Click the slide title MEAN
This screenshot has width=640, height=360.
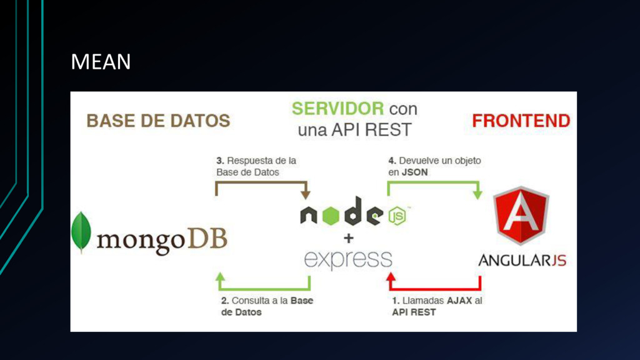coord(101,62)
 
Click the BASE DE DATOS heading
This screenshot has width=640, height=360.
coord(158,121)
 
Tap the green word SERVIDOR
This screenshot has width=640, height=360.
coord(337,109)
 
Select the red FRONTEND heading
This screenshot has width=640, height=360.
coord(521,121)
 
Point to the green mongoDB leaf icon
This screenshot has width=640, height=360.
coord(81,232)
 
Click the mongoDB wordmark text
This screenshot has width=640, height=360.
coord(161,239)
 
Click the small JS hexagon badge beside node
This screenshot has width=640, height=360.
coord(397,216)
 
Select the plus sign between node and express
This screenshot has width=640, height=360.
coord(348,238)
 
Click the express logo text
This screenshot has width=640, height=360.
coord(348,258)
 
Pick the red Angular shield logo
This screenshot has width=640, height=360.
coord(521,215)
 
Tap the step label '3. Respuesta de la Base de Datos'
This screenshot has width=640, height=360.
coord(256,166)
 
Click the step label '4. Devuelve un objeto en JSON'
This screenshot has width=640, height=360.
coord(434,166)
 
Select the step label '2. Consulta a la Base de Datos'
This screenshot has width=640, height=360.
coord(267,306)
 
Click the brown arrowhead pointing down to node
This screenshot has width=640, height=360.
coord(306,194)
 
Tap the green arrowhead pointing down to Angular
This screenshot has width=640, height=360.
coord(478,194)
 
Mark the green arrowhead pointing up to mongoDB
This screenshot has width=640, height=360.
coord(220,277)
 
